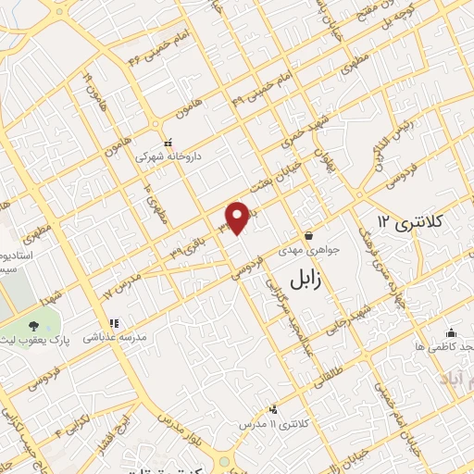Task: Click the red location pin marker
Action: (239, 218)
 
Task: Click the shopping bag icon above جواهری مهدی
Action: (308, 234)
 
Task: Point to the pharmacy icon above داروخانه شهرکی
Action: (168, 143)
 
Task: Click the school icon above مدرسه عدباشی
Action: (115, 324)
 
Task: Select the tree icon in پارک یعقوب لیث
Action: (34, 326)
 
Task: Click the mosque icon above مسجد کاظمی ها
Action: (450, 331)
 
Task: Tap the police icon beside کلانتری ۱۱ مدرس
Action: (272, 408)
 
